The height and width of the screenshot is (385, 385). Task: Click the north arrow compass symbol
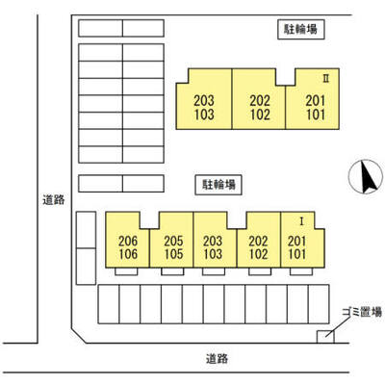(366, 177)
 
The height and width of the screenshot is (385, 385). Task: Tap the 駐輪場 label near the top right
(301, 30)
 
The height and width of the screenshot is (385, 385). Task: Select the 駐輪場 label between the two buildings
(218, 185)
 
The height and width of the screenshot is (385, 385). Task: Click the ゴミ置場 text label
(362, 312)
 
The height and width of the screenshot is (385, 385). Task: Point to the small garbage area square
(325, 337)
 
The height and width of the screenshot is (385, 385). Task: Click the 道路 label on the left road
(54, 199)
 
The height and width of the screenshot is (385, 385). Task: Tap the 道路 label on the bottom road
(218, 358)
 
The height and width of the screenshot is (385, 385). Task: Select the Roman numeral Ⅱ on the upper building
(326, 79)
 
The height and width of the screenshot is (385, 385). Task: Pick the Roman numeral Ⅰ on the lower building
(301, 221)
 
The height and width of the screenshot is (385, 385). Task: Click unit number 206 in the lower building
(128, 241)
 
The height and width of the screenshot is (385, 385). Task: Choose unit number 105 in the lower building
(173, 254)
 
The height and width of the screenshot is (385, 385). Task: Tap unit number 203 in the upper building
(204, 101)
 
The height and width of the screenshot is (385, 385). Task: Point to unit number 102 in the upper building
(260, 115)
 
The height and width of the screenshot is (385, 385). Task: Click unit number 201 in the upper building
(316, 101)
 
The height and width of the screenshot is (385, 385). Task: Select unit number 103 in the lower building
(213, 254)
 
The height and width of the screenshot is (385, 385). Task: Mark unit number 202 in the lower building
(258, 241)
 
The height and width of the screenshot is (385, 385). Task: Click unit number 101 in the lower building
(297, 254)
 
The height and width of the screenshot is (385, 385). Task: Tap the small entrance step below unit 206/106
(126, 271)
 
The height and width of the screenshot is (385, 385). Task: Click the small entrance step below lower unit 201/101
(301, 271)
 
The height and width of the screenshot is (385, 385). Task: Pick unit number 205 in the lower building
(173, 241)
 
